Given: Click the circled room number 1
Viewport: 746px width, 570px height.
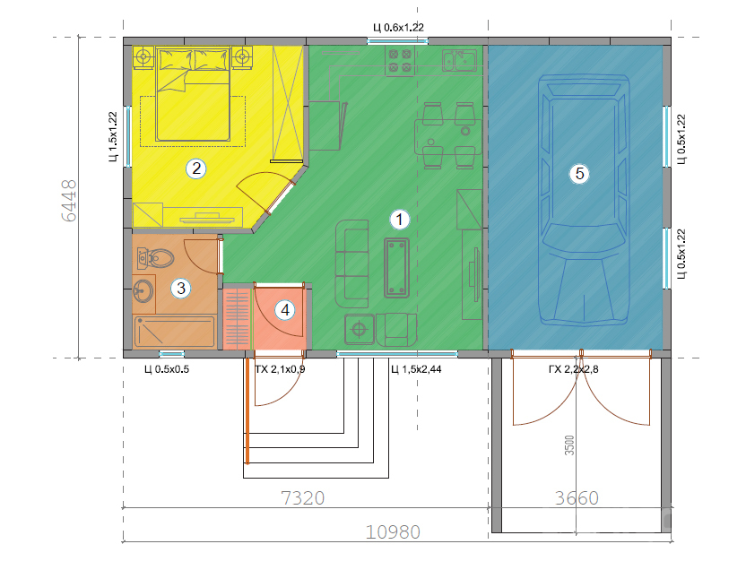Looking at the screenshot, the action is click(399, 220).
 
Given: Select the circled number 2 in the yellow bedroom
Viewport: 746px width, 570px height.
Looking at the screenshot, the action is click(196, 168).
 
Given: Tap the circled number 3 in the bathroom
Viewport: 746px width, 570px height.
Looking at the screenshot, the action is click(181, 288).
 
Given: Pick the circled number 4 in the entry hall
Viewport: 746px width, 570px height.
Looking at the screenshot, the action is click(285, 310).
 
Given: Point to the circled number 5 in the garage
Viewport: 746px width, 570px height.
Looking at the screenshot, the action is click(579, 174).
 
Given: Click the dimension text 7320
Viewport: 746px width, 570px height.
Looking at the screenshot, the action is click(302, 498).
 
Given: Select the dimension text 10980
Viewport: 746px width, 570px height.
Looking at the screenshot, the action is click(393, 532).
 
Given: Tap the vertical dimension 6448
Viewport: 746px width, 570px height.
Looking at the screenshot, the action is click(69, 200).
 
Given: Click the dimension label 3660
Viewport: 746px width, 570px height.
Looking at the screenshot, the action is click(577, 498).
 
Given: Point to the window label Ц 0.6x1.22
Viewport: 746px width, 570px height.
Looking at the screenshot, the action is click(398, 28).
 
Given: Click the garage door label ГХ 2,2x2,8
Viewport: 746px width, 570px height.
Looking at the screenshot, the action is click(573, 369).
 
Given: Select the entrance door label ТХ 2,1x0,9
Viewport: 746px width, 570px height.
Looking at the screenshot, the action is click(280, 369).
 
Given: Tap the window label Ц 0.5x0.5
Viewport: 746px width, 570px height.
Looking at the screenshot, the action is click(167, 369).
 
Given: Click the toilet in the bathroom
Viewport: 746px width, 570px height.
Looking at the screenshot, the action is click(154, 259).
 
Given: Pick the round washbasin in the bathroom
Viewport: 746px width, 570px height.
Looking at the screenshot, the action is click(143, 289).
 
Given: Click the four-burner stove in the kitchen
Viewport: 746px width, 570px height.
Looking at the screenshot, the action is click(400, 61).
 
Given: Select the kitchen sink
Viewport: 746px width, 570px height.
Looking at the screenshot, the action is click(459, 60).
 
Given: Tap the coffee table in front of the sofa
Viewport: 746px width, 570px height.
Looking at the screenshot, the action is click(397, 268).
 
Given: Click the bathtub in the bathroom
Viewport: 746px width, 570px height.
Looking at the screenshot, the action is click(174, 332).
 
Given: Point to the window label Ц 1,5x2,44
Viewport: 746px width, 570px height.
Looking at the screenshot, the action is click(416, 369).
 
